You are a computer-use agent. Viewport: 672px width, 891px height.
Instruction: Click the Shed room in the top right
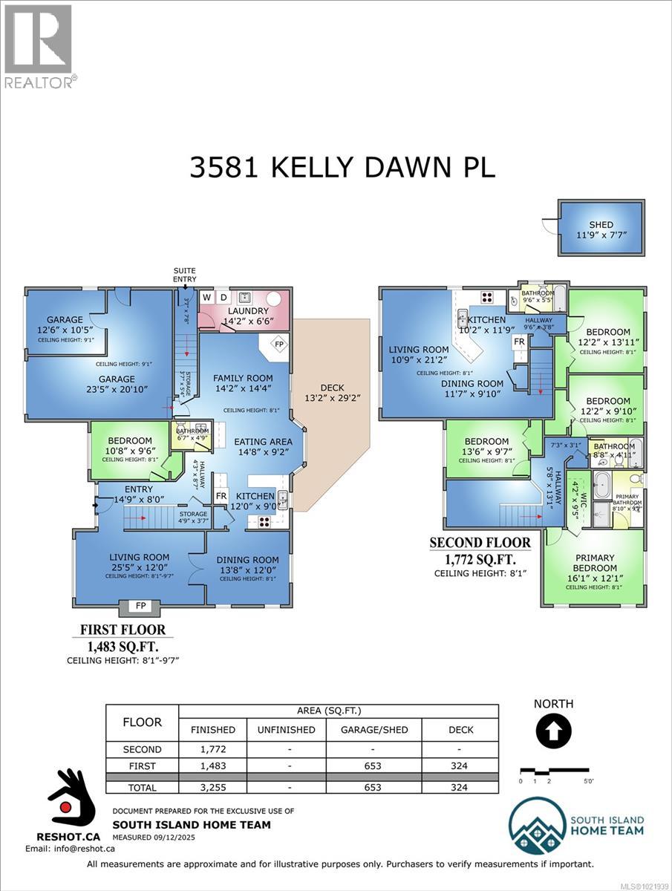pos(601,229)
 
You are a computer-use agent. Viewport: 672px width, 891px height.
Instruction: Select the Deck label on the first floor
pos(333,387)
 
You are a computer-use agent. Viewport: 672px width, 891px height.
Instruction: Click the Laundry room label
pos(247,311)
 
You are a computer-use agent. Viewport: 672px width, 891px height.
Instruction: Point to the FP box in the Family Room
pos(279,345)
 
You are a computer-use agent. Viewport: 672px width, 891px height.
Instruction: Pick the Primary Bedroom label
pos(594,563)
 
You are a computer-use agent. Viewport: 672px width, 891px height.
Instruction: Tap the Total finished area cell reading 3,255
pos(213,787)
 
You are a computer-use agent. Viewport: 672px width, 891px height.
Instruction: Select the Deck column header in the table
pos(460,729)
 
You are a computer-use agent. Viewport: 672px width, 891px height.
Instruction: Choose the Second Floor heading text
pos(480,543)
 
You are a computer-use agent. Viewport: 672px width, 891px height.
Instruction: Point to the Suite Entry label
pos(185,275)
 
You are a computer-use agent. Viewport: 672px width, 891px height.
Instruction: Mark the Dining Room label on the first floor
pos(247,560)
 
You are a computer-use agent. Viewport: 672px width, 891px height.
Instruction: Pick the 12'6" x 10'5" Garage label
pos(65,325)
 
